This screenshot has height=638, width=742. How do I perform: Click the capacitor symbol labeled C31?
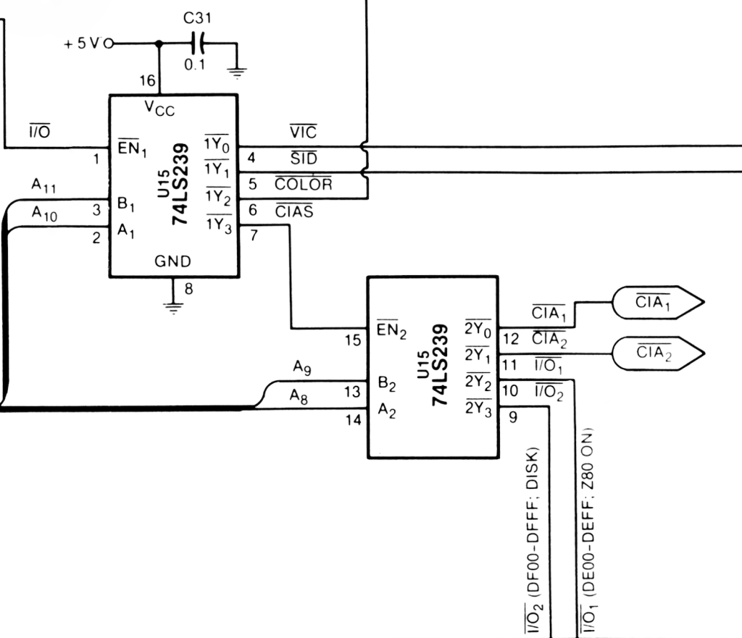point(199,43)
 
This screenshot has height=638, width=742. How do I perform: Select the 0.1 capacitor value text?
point(193,64)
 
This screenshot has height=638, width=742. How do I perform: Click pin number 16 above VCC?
point(147,80)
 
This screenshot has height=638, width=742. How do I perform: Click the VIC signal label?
point(303,133)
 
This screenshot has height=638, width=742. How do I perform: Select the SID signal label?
point(303,158)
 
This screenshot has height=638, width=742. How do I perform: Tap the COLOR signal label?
point(303,184)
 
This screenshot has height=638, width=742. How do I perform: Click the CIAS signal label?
point(294,211)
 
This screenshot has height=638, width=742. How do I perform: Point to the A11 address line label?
point(43,187)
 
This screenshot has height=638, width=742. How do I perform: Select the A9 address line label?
point(302,368)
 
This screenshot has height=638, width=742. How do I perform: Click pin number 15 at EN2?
point(352,340)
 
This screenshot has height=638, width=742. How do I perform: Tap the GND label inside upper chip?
point(173,261)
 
